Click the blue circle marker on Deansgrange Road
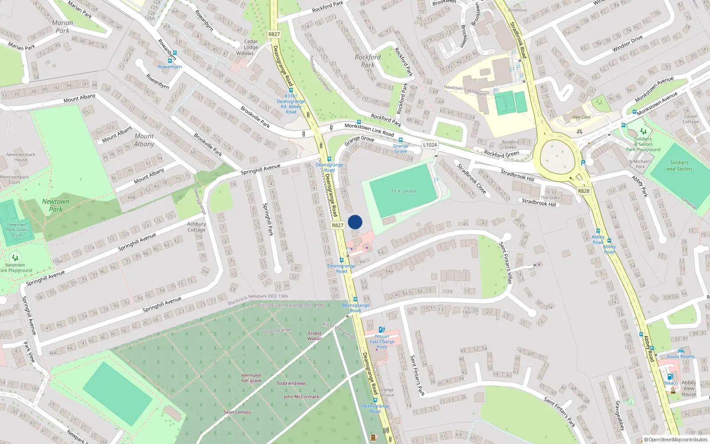(355, 222)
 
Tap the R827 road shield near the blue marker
(338, 225)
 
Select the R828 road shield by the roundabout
(584, 191)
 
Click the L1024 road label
(430, 145)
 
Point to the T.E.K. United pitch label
(403, 191)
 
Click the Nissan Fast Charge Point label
(382, 341)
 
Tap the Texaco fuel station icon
(670, 377)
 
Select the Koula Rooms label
(681, 357)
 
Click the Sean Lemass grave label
(237, 412)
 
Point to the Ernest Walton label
(315, 336)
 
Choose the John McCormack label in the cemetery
(301, 396)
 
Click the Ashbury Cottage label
(196, 227)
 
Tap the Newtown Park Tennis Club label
(17, 230)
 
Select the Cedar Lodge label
(251, 44)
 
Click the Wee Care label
(581, 117)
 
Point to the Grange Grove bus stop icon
(400, 140)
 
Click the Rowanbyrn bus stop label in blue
(170, 67)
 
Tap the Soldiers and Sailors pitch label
(679, 166)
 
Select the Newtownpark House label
(21, 157)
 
